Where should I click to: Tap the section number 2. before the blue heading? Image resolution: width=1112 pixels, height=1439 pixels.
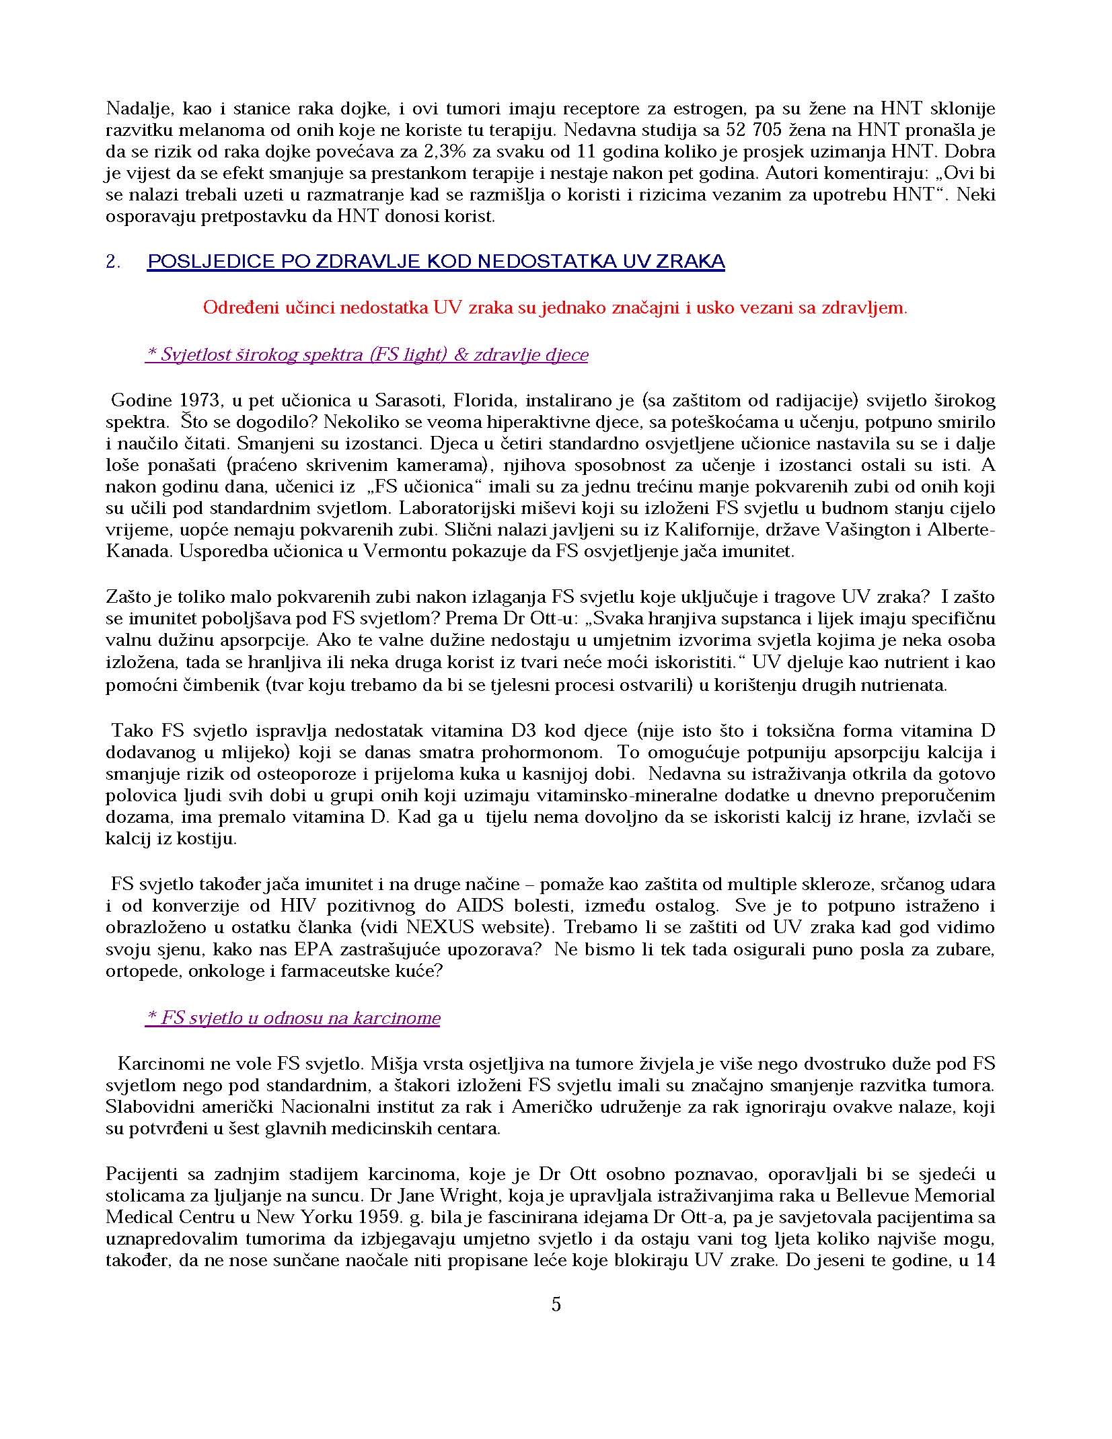pyautogui.click(x=113, y=262)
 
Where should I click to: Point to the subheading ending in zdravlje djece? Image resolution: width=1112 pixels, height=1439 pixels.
pyautogui.click(x=367, y=355)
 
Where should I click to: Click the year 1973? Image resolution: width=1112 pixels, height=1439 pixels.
pyautogui.click(x=200, y=401)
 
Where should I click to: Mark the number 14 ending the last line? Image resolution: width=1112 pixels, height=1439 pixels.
pyautogui.click(x=986, y=1260)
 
